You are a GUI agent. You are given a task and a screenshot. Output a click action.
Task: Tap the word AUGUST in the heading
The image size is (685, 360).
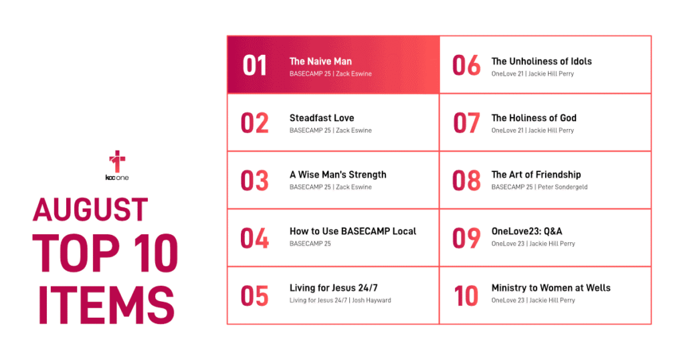(90, 209)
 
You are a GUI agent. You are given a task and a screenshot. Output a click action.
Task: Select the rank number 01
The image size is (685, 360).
(255, 66)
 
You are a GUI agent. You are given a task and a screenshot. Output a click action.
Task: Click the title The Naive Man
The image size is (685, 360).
(320, 62)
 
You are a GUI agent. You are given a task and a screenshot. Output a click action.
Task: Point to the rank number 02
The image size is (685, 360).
(255, 122)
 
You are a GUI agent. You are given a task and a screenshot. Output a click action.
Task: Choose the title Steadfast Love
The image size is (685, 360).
(322, 118)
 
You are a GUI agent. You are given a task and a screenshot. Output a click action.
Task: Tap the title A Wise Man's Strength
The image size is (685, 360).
(338, 175)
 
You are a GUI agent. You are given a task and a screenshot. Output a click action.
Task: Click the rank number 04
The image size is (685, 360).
(255, 238)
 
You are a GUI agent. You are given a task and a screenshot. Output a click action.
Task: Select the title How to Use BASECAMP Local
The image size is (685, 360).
(353, 231)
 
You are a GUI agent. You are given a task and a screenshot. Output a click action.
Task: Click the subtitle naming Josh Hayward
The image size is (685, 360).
(340, 300)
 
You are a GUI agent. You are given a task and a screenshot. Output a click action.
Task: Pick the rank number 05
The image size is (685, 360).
(255, 296)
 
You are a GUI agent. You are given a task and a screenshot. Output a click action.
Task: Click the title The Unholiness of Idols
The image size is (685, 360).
(542, 62)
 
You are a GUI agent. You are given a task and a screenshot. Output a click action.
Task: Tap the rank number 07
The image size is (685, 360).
(466, 122)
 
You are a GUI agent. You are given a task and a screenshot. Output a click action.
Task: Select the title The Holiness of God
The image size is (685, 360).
(534, 118)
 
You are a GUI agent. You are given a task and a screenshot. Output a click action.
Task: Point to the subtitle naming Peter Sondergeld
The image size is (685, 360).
(540, 187)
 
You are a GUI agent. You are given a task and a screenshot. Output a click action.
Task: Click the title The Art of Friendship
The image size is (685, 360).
(536, 175)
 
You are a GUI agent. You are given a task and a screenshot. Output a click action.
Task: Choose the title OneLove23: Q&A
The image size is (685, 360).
(527, 231)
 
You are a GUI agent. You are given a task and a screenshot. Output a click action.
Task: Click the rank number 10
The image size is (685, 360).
(466, 296)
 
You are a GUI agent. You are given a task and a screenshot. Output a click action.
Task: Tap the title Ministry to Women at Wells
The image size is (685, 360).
(551, 288)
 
